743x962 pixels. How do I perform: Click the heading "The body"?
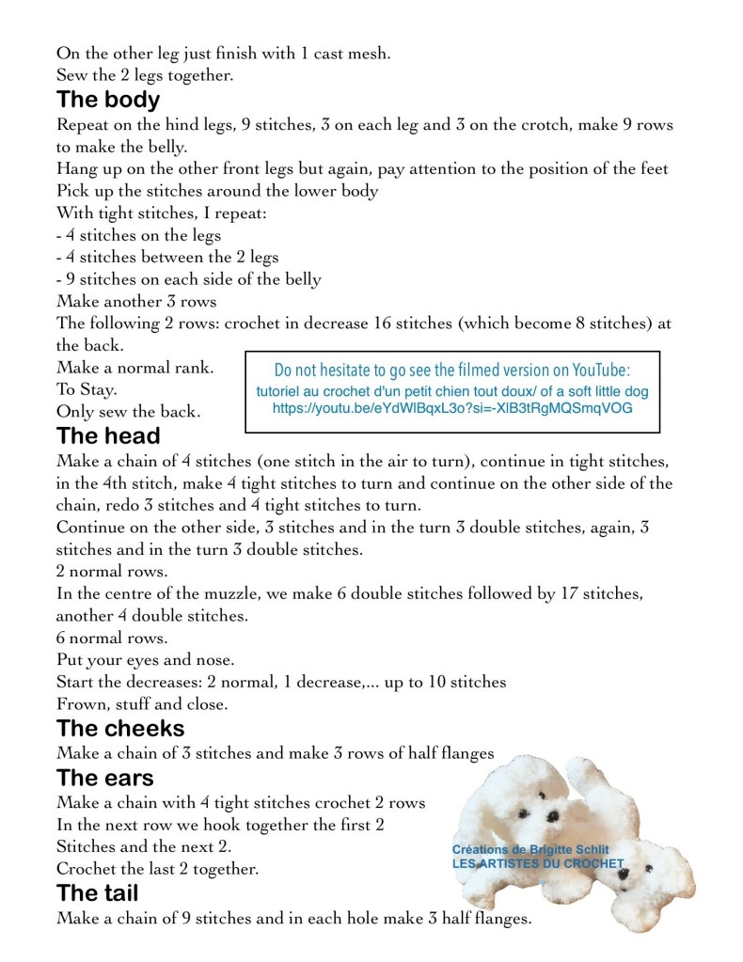(x=108, y=100)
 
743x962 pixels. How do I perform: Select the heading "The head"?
(x=108, y=436)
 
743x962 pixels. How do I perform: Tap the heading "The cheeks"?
(x=120, y=728)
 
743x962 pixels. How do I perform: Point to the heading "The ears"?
(x=105, y=778)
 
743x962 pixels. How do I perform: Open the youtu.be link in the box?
(x=452, y=409)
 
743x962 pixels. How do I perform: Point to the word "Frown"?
(x=81, y=703)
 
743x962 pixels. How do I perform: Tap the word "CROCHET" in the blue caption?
(x=592, y=862)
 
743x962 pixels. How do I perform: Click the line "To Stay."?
(x=87, y=388)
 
